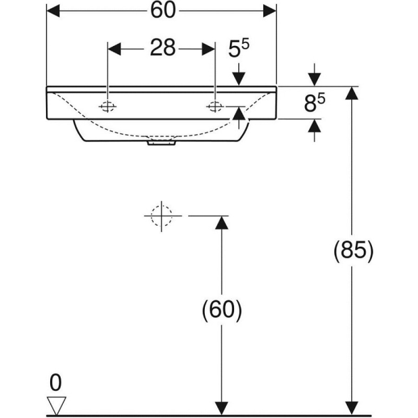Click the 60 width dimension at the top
pyautogui.click(x=163, y=11)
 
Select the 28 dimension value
pyautogui.click(x=163, y=48)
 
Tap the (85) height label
pyautogui.click(x=353, y=251)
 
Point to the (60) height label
pyautogui.click(x=222, y=310)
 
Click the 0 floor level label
pyautogui.click(x=55, y=383)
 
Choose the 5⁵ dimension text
pyautogui.click(x=239, y=48)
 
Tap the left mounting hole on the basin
pyautogui.click(x=107, y=107)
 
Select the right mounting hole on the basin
pyautogui.click(x=215, y=107)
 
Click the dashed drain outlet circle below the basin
pyautogui.click(x=162, y=216)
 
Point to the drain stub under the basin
pyautogui.click(x=161, y=143)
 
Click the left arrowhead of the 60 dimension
pyautogui.click(x=53, y=11)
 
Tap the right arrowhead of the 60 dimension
pyautogui.click(x=269, y=11)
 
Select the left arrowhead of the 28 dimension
pyautogui.click(x=114, y=49)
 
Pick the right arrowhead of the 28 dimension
pyautogui.click(x=209, y=49)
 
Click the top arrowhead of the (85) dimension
pyautogui.click(x=352, y=93)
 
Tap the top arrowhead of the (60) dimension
pyautogui.click(x=222, y=222)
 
